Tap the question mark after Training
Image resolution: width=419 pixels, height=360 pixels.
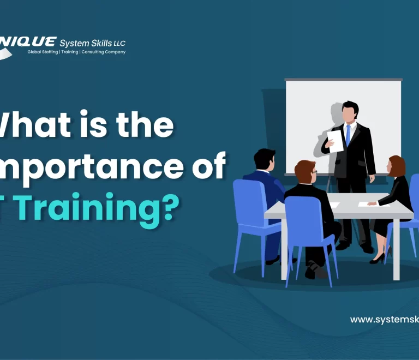pyautogui.click(x=170, y=209)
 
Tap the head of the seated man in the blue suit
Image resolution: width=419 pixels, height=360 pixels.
pyautogui.click(x=265, y=159)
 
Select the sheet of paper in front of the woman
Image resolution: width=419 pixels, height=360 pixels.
pyautogui.click(x=374, y=204)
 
